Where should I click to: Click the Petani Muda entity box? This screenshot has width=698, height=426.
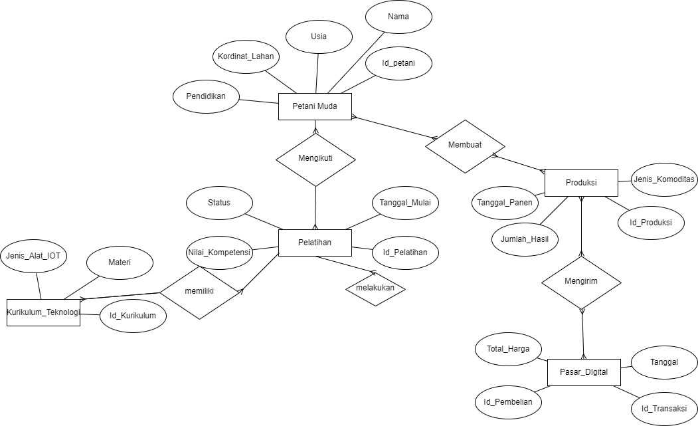click(x=315, y=107)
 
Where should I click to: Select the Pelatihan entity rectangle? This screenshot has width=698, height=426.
click(x=315, y=243)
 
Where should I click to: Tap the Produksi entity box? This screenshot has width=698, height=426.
click(x=581, y=183)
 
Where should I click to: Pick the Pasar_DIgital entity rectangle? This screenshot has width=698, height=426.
click(x=584, y=372)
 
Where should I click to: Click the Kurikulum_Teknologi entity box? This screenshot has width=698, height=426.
click(x=43, y=312)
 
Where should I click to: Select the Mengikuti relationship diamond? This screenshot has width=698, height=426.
click(x=315, y=160)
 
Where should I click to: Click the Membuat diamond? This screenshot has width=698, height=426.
click(x=465, y=145)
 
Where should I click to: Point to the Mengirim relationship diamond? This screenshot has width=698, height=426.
click(x=581, y=281)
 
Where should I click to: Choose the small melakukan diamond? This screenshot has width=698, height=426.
click(x=375, y=288)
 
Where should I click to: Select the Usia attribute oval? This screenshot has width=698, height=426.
click(x=319, y=37)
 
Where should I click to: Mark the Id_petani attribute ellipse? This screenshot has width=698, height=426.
click(x=399, y=64)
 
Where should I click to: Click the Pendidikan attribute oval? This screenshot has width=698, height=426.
click(x=206, y=96)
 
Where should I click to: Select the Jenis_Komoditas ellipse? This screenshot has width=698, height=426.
click(x=664, y=179)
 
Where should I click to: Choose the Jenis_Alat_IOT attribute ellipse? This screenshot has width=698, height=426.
click(x=33, y=256)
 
